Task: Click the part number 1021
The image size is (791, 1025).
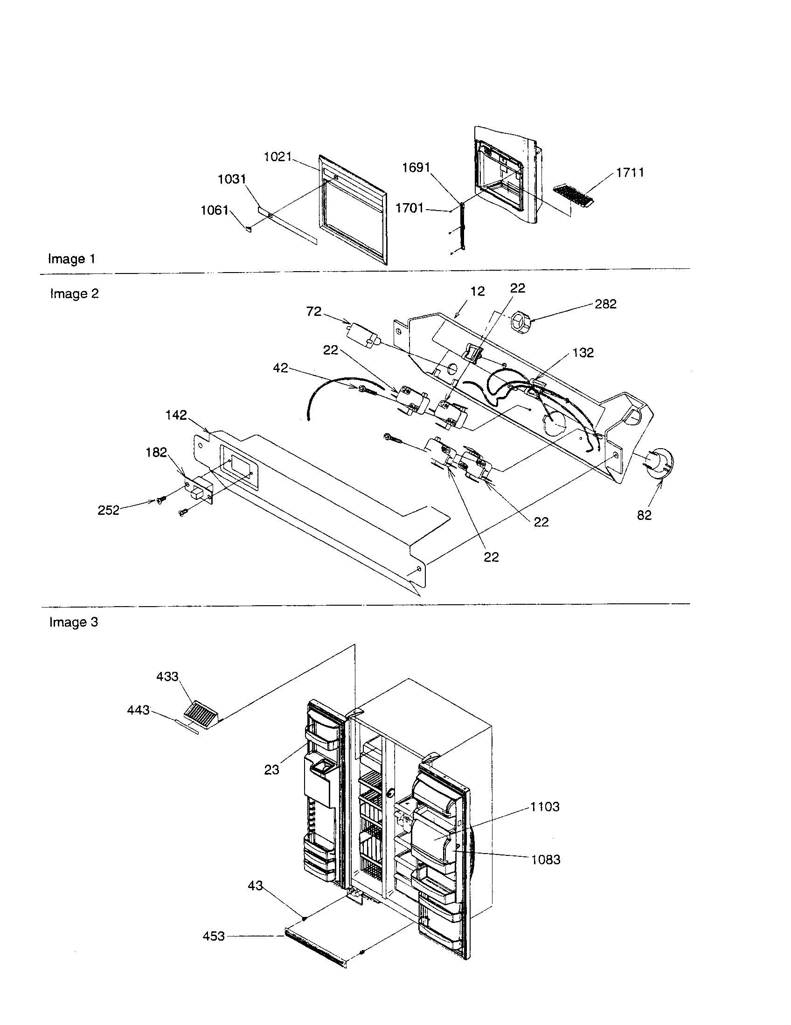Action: point(278,157)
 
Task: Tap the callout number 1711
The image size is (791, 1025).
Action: point(630,172)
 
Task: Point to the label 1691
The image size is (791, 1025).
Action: point(416,168)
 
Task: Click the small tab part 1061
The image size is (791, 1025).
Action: point(248,229)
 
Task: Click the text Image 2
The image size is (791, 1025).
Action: point(74,294)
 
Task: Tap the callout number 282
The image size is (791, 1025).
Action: point(605,304)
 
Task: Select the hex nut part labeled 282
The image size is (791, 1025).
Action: point(520,323)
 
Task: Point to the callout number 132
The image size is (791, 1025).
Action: point(583,353)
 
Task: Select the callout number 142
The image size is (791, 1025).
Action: point(176,415)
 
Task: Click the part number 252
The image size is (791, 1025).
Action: point(108,511)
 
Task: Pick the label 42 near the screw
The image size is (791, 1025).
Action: point(280,368)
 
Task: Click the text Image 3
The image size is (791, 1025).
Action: point(74,622)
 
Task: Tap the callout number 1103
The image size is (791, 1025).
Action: point(545,807)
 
